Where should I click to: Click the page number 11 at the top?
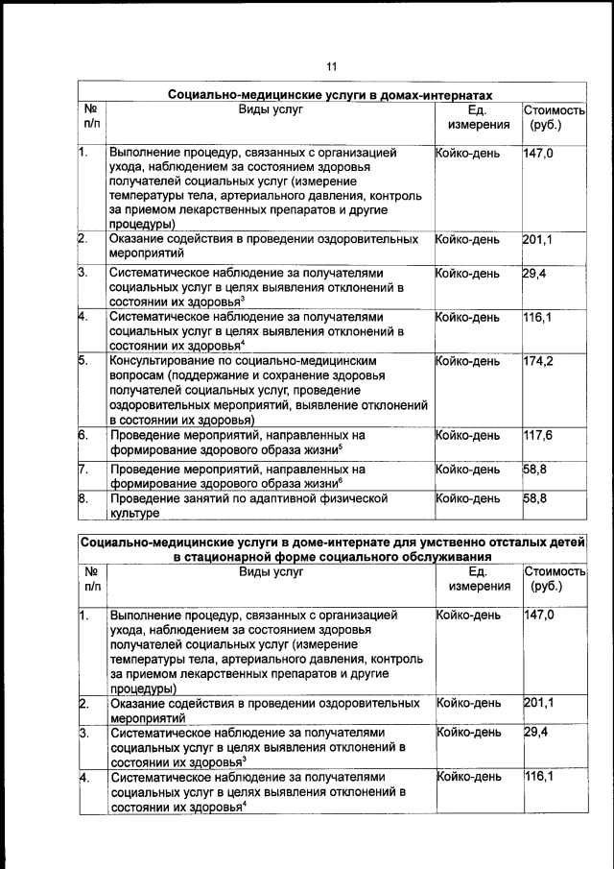click(x=331, y=66)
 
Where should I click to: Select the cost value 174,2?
click(x=539, y=361)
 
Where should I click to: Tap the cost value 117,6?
click(x=539, y=435)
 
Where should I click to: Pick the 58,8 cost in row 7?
click(x=535, y=470)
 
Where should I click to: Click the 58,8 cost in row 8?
click(x=535, y=499)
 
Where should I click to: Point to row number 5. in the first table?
click(x=84, y=361)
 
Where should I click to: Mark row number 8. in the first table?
click(x=84, y=499)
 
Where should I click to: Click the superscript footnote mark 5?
click(x=341, y=446)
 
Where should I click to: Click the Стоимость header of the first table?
click(x=554, y=110)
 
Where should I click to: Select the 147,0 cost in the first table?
click(x=539, y=152)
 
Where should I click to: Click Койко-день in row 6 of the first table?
click(x=467, y=435)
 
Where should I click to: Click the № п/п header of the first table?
click(x=91, y=117)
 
